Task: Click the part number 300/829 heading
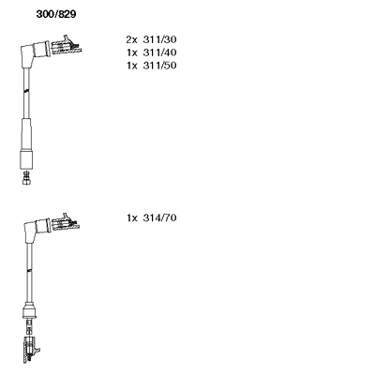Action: click(56, 14)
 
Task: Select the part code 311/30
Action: click(159, 39)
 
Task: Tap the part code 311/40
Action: click(159, 52)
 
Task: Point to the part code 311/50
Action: click(159, 66)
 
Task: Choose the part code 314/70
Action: click(159, 217)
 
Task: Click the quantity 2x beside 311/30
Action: click(131, 39)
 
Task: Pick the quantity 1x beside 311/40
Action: click(132, 52)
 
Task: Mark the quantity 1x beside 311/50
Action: click(132, 66)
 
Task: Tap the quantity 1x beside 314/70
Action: click(132, 217)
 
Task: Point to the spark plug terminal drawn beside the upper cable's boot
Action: click(67, 46)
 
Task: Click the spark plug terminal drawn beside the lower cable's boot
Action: click(65, 223)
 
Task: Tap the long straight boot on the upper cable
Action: click(26, 143)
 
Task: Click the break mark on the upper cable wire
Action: click(26, 91)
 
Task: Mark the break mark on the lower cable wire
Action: click(29, 269)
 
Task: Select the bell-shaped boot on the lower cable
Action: click(30, 310)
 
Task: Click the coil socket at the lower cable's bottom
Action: click(31, 350)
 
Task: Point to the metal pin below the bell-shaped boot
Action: click(29, 326)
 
